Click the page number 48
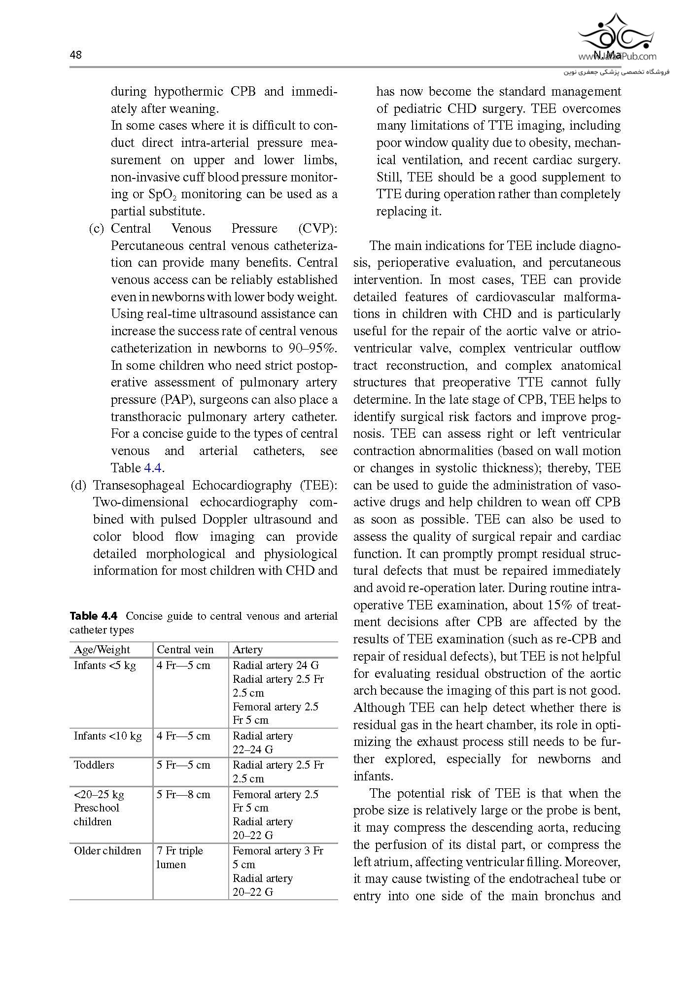click(x=75, y=55)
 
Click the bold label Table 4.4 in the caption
click(x=94, y=616)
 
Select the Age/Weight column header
click(x=102, y=649)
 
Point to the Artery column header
click(x=247, y=649)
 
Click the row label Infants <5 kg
click(x=104, y=665)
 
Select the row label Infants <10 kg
click(x=107, y=736)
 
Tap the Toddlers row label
click(x=94, y=765)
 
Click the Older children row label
click(x=107, y=850)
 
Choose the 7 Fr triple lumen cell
click(x=179, y=857)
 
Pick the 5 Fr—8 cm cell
click(x=183, y=794)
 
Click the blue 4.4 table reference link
click(x=153, y=468)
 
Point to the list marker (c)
click(x=97, y=228)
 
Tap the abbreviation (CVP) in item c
click(x=317, y=228)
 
